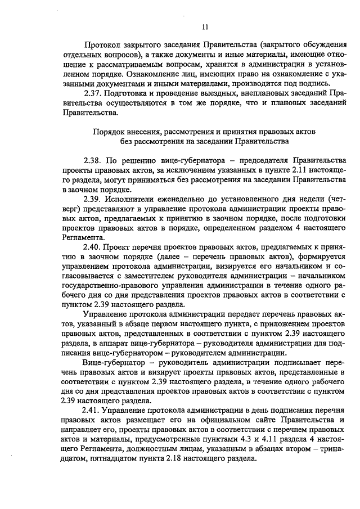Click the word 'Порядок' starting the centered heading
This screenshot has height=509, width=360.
[107, 131]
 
